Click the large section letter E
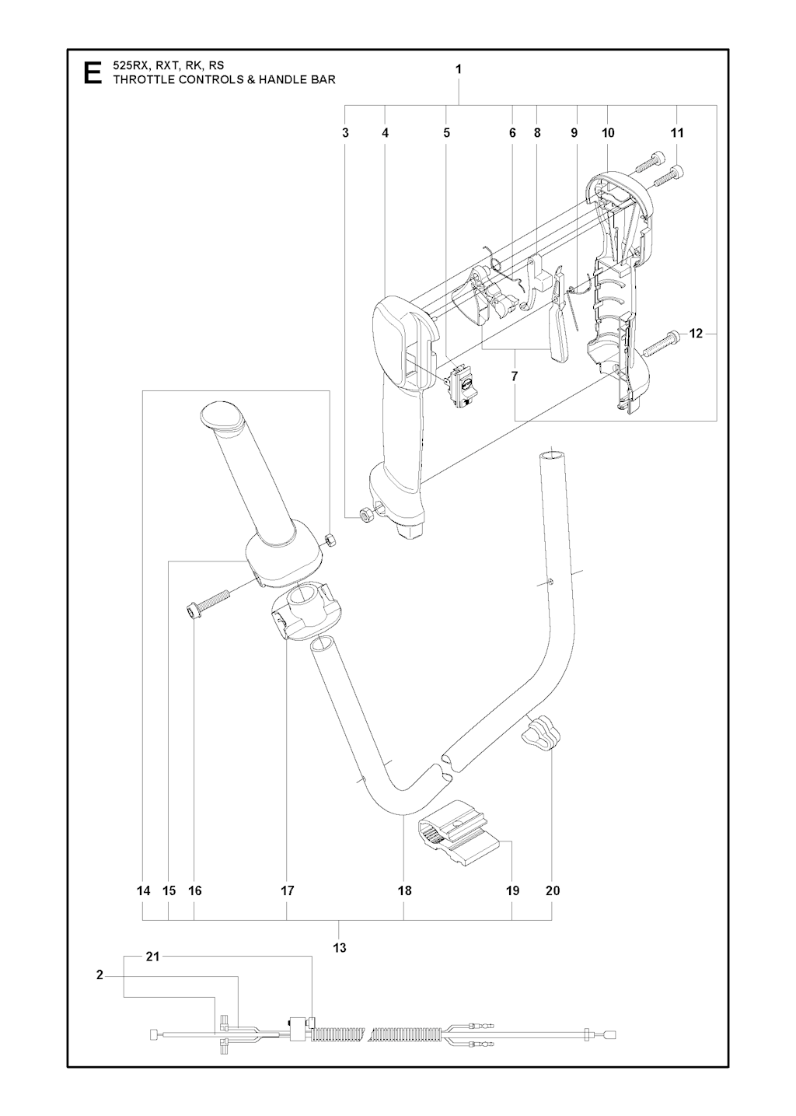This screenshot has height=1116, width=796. point(93,73)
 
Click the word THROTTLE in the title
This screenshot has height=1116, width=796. point(144,79)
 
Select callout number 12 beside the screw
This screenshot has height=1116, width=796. point(696,334)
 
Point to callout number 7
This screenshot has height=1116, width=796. point(514,376)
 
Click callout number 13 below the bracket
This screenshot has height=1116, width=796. point(339,947)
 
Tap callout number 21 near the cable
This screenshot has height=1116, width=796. point(152,956)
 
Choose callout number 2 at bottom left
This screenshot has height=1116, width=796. point(99,975)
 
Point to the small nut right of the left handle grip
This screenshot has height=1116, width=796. point(330,539)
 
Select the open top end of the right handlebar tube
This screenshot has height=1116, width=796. point(553,456)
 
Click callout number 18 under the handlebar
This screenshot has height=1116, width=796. point(404,890)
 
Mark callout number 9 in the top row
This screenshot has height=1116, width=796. point(574,132)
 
